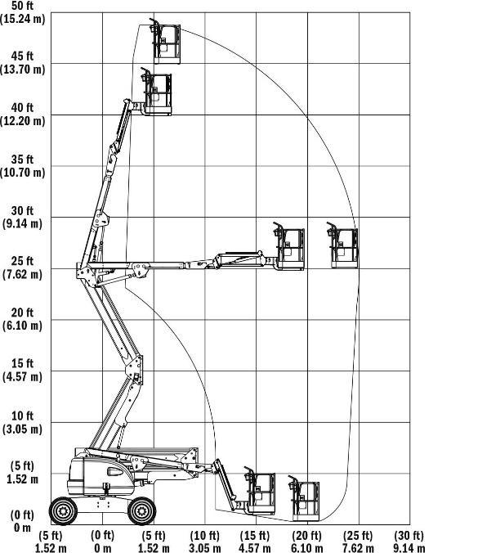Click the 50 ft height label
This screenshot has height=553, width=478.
pyautogui.click(x=22, y=6)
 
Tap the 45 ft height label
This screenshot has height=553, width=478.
pyautogui.click(x=22, y=56)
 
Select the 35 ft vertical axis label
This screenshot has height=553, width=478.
pyautogui.click(x=22, y=160)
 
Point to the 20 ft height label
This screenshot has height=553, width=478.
pyautogui.click(x=22, y=312)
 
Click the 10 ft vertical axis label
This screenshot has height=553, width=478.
pyautogui.click(x=22, y=416)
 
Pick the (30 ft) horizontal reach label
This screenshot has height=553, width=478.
pyautogui.click(x=409, y=536)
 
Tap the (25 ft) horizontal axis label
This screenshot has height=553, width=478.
pyautogui.click(x=358, y=536)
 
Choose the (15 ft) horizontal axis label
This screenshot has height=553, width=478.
pyautogui.click(x=255, y=536)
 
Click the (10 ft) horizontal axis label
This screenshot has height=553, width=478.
pyautogui.click(x=204, y=536)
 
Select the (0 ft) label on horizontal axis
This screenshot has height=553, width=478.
pyautogui.click(x=102, y=536)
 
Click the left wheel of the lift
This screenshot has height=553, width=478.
pyautogui.click(x=63, y=510)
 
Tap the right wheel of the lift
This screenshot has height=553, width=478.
pyautogui.click(x=141, y=510)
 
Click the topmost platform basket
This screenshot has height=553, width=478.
pyautogui.click(x=165, y=42)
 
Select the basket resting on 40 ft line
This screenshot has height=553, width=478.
pyautogui.click(x=156, y=92)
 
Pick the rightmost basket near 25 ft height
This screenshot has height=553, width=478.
pyautogui.click(x=342, y=245)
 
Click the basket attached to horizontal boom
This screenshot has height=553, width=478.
pyautogui.click(x=289, y=246)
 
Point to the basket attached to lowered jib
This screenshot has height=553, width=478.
pyautogui.click(x=260, y=491)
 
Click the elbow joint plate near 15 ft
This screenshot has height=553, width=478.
pyautogui.click(x=136, y=369)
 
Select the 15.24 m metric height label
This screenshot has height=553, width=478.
pyautogui.click(x=22, y=18)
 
